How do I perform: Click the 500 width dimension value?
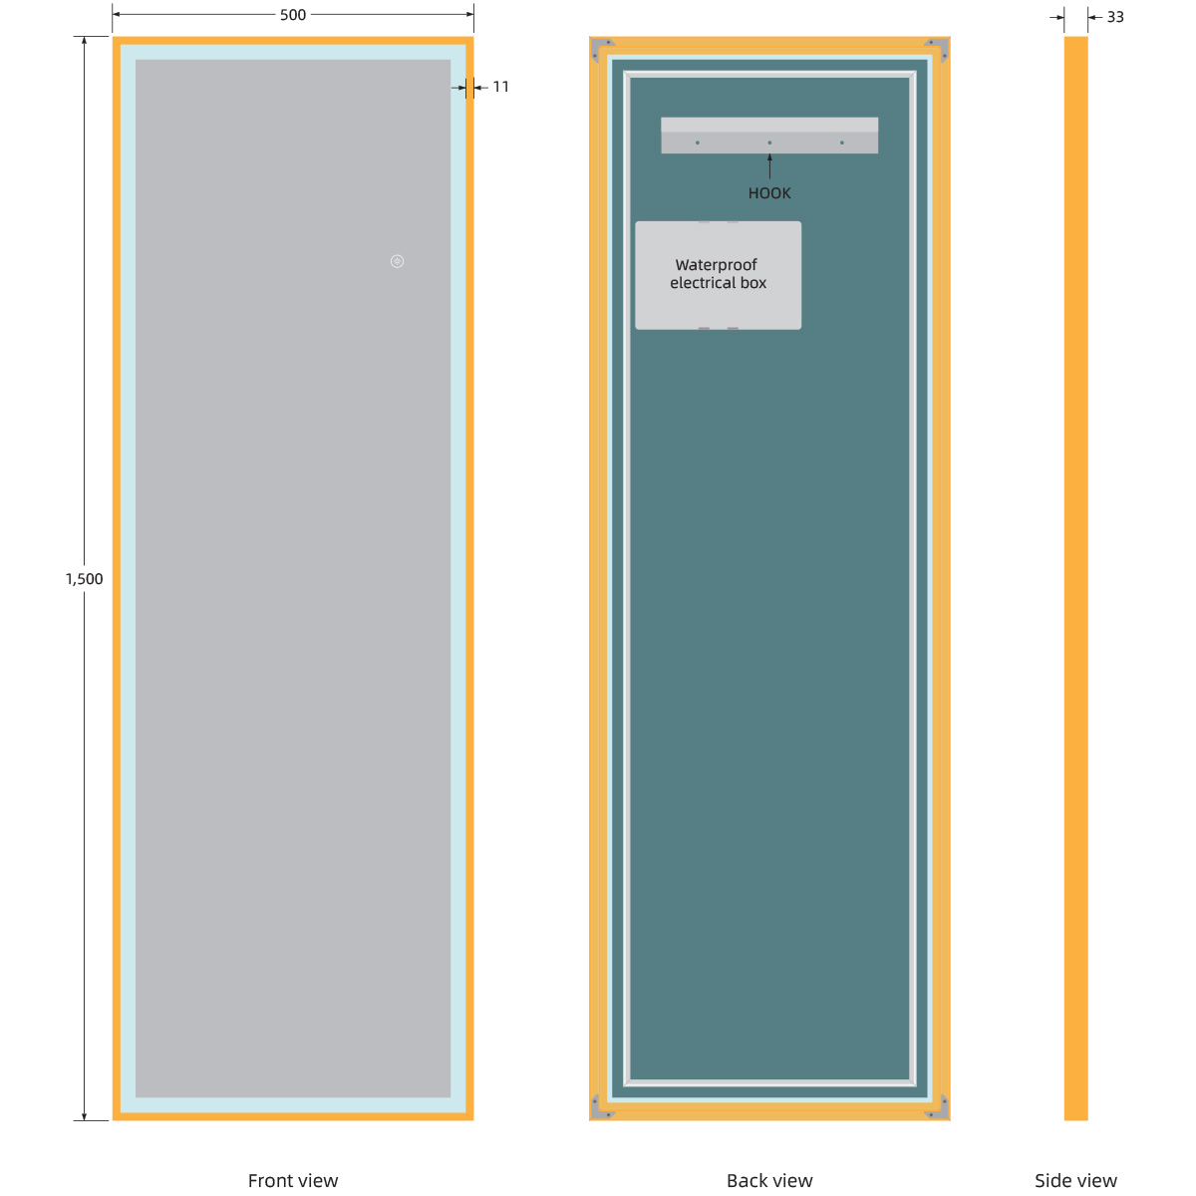293,15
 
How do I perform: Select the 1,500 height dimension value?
84,579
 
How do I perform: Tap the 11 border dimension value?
500,87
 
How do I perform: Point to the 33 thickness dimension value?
1115,17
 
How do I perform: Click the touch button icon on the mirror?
397,261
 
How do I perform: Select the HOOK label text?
769,193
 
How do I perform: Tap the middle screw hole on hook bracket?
769,143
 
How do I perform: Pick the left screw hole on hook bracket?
697,143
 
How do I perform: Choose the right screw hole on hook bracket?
842,143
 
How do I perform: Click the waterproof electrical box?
718,299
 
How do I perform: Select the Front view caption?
293,1181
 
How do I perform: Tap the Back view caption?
769,1181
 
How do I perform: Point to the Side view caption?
1075,1181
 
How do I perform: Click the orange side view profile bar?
1075,578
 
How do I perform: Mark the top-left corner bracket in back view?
602,48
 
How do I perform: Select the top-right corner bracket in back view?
937,48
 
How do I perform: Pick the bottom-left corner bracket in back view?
602,1107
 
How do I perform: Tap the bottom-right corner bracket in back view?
937,1107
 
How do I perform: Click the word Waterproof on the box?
716,265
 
